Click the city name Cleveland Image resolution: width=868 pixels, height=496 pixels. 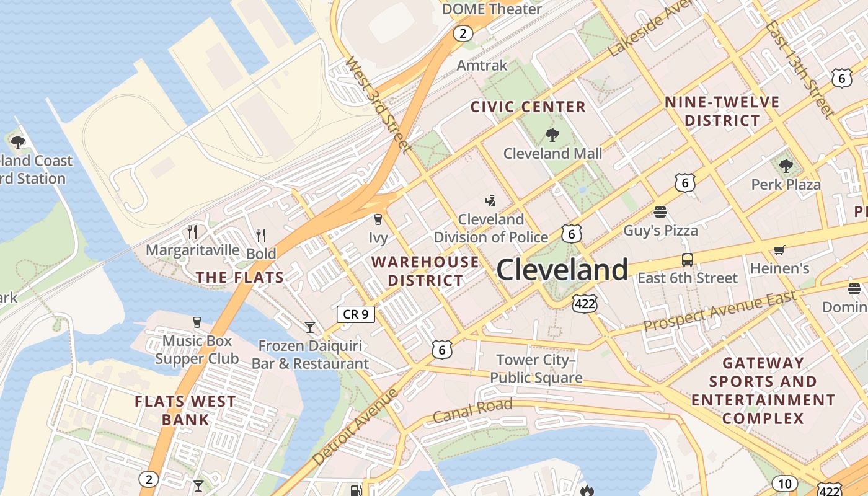(x=562, y=270)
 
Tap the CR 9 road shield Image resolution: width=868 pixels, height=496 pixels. (x=356, y=314)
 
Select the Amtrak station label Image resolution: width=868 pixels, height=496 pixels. (x=482, y=65)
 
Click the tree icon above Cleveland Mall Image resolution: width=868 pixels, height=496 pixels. (x=552, y=135)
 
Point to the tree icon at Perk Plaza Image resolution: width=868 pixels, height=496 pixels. (x=786, y=166)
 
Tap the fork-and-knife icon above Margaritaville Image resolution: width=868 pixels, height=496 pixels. (x=192, y=232)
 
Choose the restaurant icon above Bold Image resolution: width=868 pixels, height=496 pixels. (x=261, y=236)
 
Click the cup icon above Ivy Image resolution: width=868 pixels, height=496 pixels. (x=378, y=219)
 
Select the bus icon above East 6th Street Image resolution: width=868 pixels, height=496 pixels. (x=687, y=260)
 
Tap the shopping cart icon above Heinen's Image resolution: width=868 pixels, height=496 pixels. (x=779, y=250)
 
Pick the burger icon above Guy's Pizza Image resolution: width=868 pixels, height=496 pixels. (x=660, y=212)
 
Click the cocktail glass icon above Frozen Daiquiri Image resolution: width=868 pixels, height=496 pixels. (x=310, y=327)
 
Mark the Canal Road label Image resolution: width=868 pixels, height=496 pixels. (x=472, y=410)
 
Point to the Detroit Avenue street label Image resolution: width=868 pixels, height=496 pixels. (x=354, y=428)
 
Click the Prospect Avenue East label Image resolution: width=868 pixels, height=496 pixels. (x=719, y=312)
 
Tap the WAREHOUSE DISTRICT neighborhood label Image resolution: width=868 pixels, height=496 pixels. (x=425, y=271)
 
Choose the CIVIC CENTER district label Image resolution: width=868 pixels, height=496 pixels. (x=528, y=107)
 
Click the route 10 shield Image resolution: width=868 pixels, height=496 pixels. (x=784, y=484)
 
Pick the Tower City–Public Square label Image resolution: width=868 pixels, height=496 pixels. (x=536, y=369)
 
